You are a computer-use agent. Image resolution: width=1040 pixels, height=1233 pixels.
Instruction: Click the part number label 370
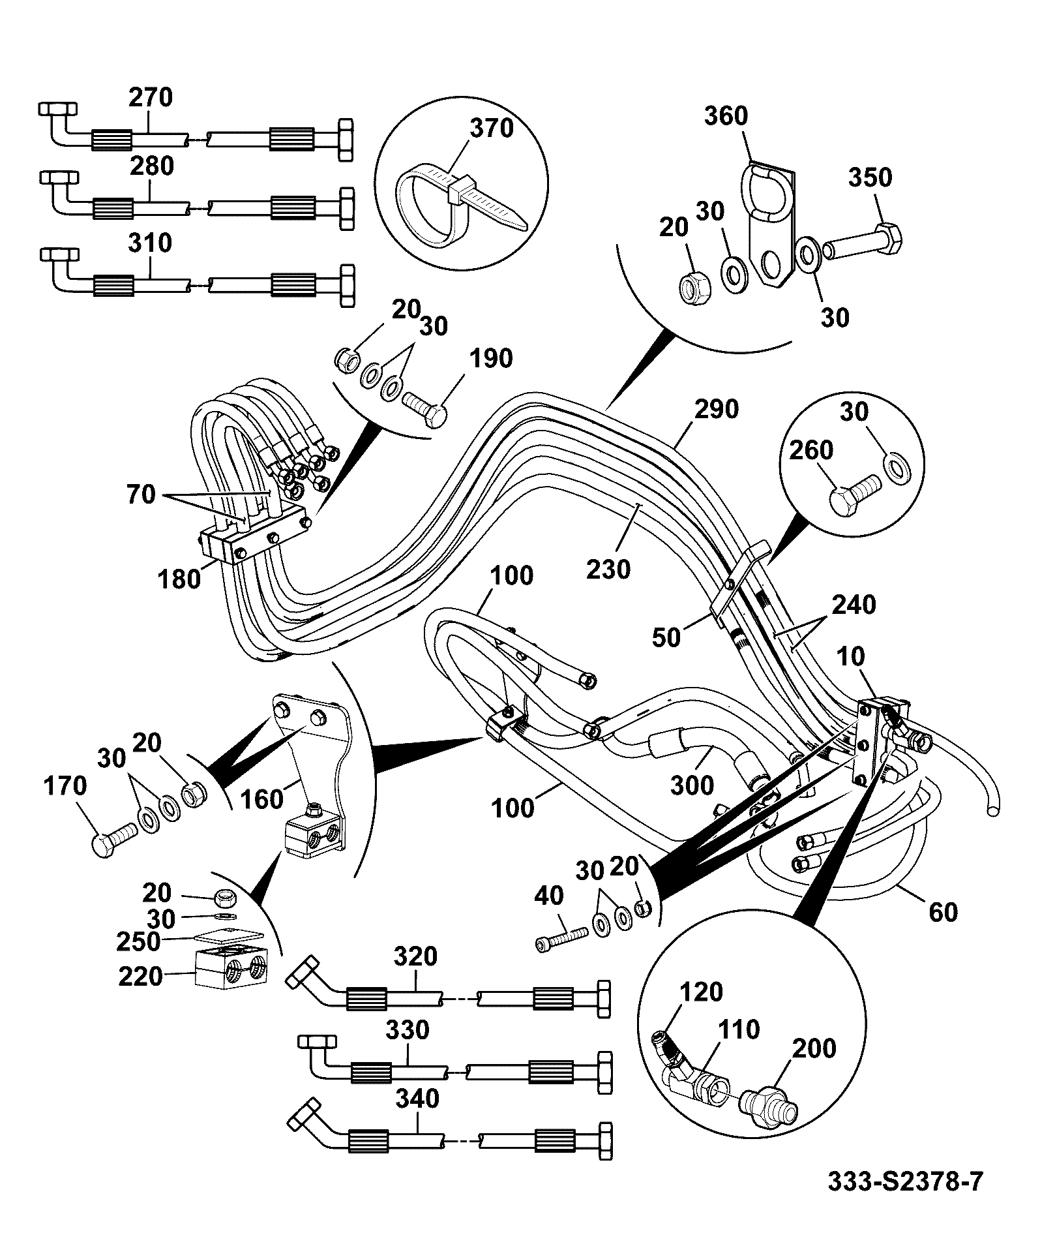(492, 128)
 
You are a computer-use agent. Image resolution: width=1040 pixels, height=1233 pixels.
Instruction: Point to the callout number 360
(726, 116)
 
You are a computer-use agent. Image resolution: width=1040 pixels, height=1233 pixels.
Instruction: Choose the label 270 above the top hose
(151, 97)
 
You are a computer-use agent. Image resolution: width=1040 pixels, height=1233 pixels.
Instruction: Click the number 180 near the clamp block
(179, 579)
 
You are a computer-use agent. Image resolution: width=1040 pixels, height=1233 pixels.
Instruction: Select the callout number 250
(138, 941)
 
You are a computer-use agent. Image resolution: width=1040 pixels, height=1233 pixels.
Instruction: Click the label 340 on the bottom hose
(417, 1099)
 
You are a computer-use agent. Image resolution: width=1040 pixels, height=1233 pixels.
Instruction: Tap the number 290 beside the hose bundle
(717, 409)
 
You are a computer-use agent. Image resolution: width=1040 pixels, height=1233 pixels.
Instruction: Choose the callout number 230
(608, 570)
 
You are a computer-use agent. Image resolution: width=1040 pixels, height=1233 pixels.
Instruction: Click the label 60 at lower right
(943, 912)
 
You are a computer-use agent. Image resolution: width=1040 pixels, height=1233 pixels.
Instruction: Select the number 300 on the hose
(692, 785)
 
